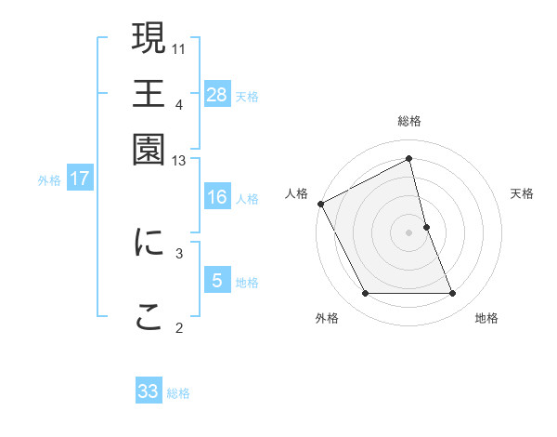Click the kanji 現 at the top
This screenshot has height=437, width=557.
(x=149, y=39)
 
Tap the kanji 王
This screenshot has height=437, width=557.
(x=149, y=94)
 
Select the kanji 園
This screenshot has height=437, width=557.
(x=149, y=148)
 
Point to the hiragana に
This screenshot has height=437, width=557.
(x=149, y=242)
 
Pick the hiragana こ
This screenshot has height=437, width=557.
(x=149, y=317)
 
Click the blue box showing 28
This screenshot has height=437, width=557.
(x=217, y=95)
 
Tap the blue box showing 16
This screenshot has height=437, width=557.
(x=217, y=197)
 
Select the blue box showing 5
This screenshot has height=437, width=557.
(x=217, y=281)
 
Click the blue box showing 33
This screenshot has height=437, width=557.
(x=149, y=391)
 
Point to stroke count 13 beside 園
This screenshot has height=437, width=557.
(x=179, y=162)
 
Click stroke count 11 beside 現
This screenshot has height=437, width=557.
(x=179, y=47)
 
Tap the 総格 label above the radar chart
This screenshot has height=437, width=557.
(x=409, y=122)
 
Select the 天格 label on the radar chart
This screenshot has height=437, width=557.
(x=522, y=193)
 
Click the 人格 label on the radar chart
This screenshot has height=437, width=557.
(x=296, y=193)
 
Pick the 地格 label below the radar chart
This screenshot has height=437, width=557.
(x=486, y=318)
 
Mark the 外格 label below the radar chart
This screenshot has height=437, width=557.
(x=327, y=318)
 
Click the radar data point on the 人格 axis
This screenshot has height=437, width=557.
(x=320, y=204)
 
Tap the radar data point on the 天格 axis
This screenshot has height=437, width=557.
(x=426, y=227)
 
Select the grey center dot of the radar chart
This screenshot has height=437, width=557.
(x=409, y=232)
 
